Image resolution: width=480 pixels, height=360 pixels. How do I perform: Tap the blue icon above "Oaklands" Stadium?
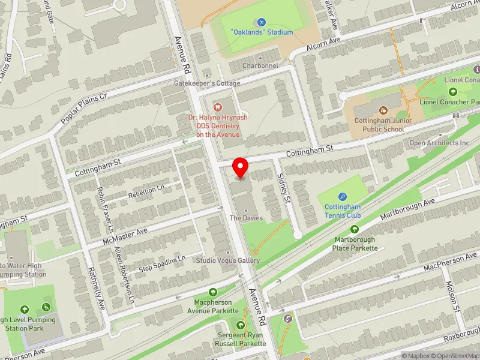(261, 22)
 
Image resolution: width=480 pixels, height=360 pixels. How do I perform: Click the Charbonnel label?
(260, 65)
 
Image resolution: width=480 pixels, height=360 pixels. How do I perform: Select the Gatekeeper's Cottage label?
(208, 83)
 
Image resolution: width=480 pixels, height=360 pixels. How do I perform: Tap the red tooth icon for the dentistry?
(217, 107)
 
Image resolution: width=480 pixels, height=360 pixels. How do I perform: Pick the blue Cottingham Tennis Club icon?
(343, 196)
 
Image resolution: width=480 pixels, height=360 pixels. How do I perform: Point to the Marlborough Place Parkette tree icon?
(354, 229)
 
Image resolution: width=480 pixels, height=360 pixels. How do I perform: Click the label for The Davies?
(247, 218)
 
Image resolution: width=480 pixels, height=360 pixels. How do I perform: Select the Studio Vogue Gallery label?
(227, 260)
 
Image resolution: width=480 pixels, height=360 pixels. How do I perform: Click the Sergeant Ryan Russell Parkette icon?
(241, 325)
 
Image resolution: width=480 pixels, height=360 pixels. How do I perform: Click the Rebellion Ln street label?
(147, 190)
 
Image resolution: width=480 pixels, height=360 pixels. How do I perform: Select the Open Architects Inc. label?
(440, 143)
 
